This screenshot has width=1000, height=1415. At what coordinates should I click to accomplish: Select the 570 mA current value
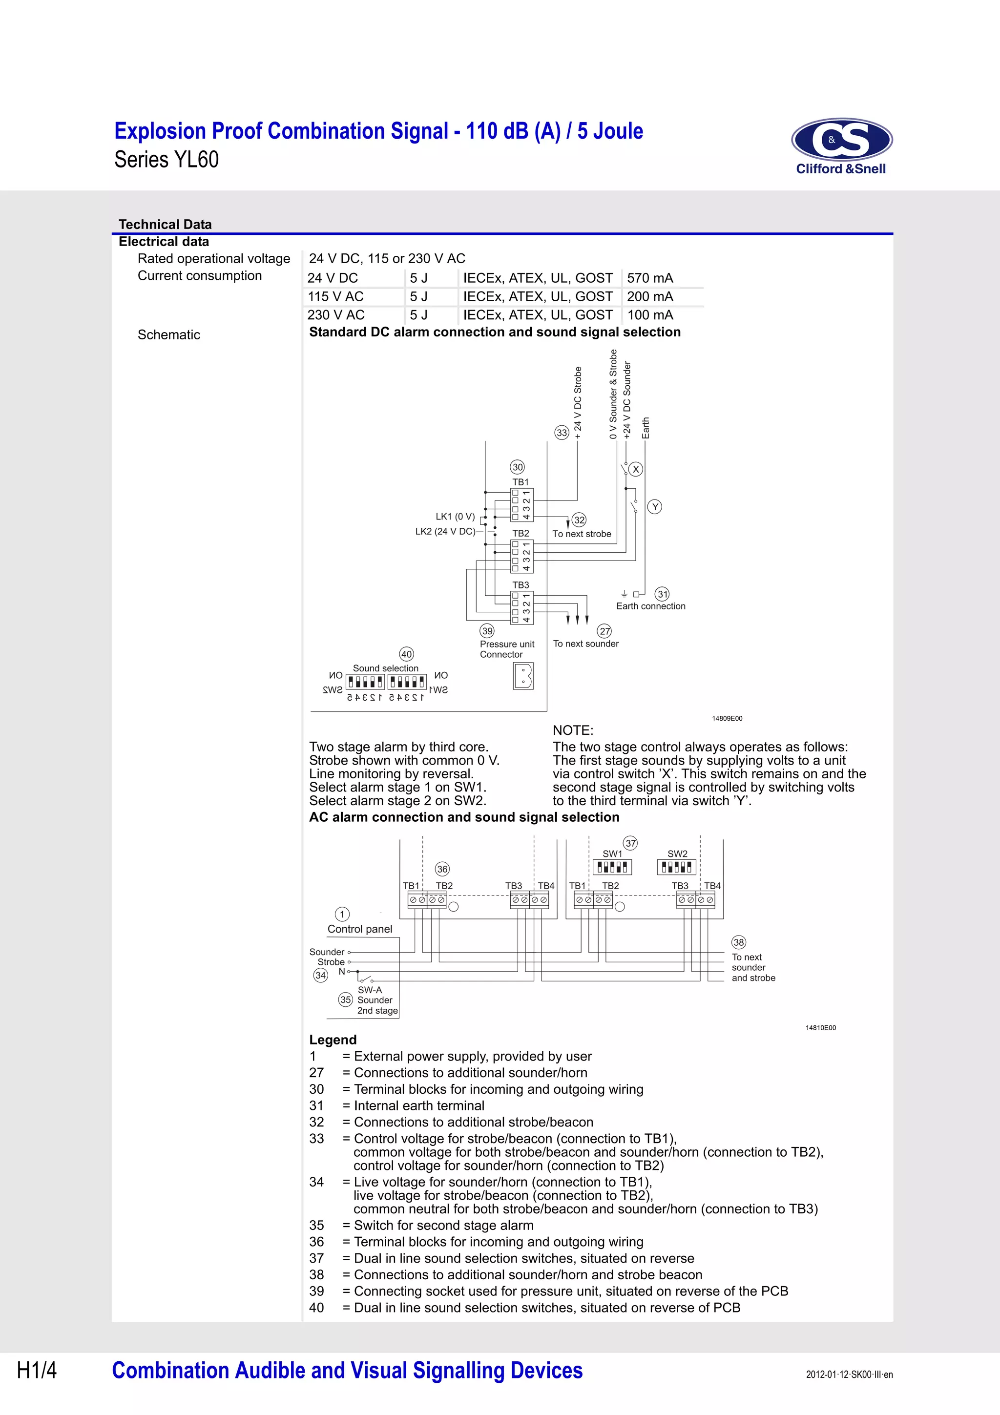tap(649, 278)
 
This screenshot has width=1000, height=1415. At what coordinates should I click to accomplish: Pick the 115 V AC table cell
tap(336, 296)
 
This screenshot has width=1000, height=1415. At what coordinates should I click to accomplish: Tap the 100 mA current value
tap(649, 315)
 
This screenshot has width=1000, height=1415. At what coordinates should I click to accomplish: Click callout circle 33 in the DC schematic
tap(562, 433)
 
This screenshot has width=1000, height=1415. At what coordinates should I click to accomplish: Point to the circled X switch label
tap(636, 469)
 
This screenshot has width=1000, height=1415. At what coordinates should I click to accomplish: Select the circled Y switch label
tap(655, 507)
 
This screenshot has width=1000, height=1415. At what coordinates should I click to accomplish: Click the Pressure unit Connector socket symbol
tap(522, 676)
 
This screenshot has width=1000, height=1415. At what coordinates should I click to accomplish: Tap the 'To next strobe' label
tap(582, 534)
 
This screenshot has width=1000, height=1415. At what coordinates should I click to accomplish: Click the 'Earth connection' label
tap(651, 606)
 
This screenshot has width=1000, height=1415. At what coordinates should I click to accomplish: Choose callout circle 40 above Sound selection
tap(407, 654)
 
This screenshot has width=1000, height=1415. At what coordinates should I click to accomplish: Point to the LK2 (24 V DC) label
tap(445, 531)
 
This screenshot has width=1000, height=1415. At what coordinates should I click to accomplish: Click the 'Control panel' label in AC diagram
tap(360, 929)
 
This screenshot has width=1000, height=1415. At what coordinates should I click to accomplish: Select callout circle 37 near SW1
tap(630, 843)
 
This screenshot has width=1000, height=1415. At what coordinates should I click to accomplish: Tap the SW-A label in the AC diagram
tap(370, 990)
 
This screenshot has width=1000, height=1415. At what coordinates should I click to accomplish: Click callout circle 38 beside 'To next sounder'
tap(739, 942)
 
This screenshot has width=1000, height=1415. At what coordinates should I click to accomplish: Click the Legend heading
tap(333, 1040)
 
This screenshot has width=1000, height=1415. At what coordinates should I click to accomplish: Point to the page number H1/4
tap(37, 1370)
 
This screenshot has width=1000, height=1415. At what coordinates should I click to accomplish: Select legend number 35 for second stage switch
tap(317, 1225)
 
